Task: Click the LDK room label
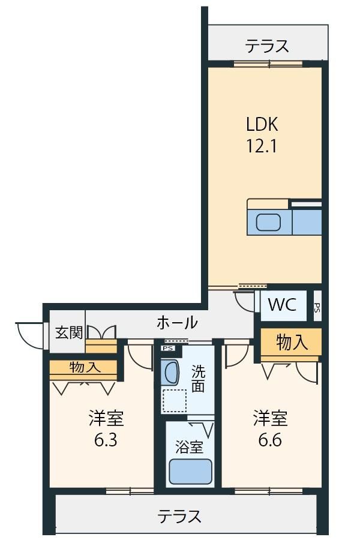[x=262, y=124]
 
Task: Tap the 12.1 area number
[x=261, y=146]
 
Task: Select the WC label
[x=282, y=304]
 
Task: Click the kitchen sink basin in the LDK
[x=268, y=222]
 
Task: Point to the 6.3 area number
[x=106, y=440]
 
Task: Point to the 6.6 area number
[x=271, y=440]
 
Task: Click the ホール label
[x=177, y=323]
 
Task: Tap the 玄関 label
[x=69, y=332]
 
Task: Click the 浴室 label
[x=189, y=447]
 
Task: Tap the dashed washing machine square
[x=175, y=401]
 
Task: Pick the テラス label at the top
[x=267, y=46]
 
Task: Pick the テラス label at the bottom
[x=179, y=517]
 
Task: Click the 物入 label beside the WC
[x=292, y=343]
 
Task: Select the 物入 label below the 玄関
[x=85, y=367]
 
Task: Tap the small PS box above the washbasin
[x=168, y=348]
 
